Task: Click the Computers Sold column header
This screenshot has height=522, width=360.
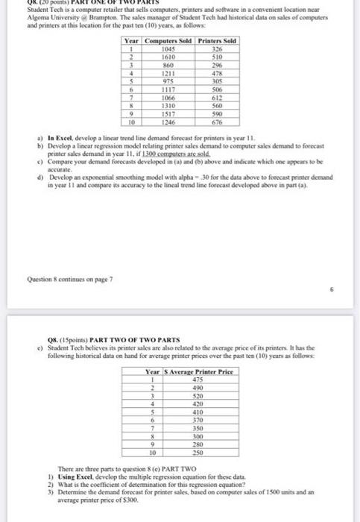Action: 167,40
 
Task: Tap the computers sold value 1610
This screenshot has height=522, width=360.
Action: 167,55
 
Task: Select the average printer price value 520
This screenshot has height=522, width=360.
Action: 197,395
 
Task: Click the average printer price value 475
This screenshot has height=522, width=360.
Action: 197,380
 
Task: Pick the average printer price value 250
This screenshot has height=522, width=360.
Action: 197,452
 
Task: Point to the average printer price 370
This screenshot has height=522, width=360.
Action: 197,420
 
